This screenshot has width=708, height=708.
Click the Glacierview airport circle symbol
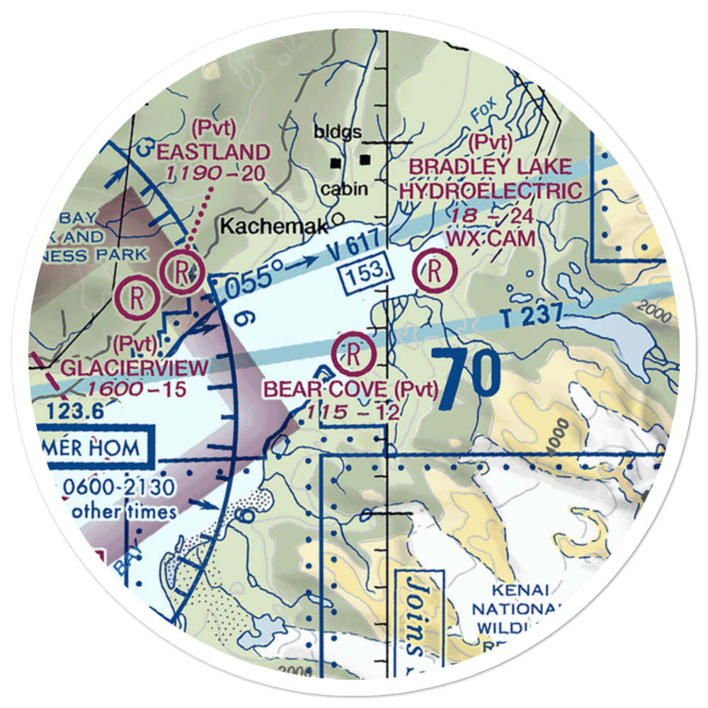137,297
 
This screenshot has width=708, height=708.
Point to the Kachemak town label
274,227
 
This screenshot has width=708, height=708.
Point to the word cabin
344,189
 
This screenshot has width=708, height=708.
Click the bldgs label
338,132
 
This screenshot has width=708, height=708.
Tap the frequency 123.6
76,411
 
